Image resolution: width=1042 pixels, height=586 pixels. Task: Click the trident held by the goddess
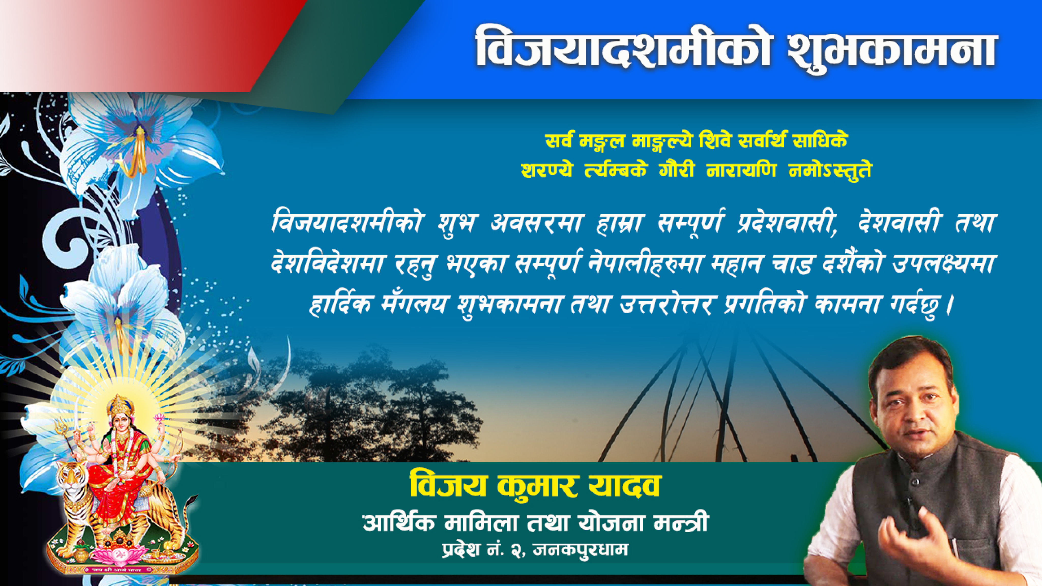coord(65,435)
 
